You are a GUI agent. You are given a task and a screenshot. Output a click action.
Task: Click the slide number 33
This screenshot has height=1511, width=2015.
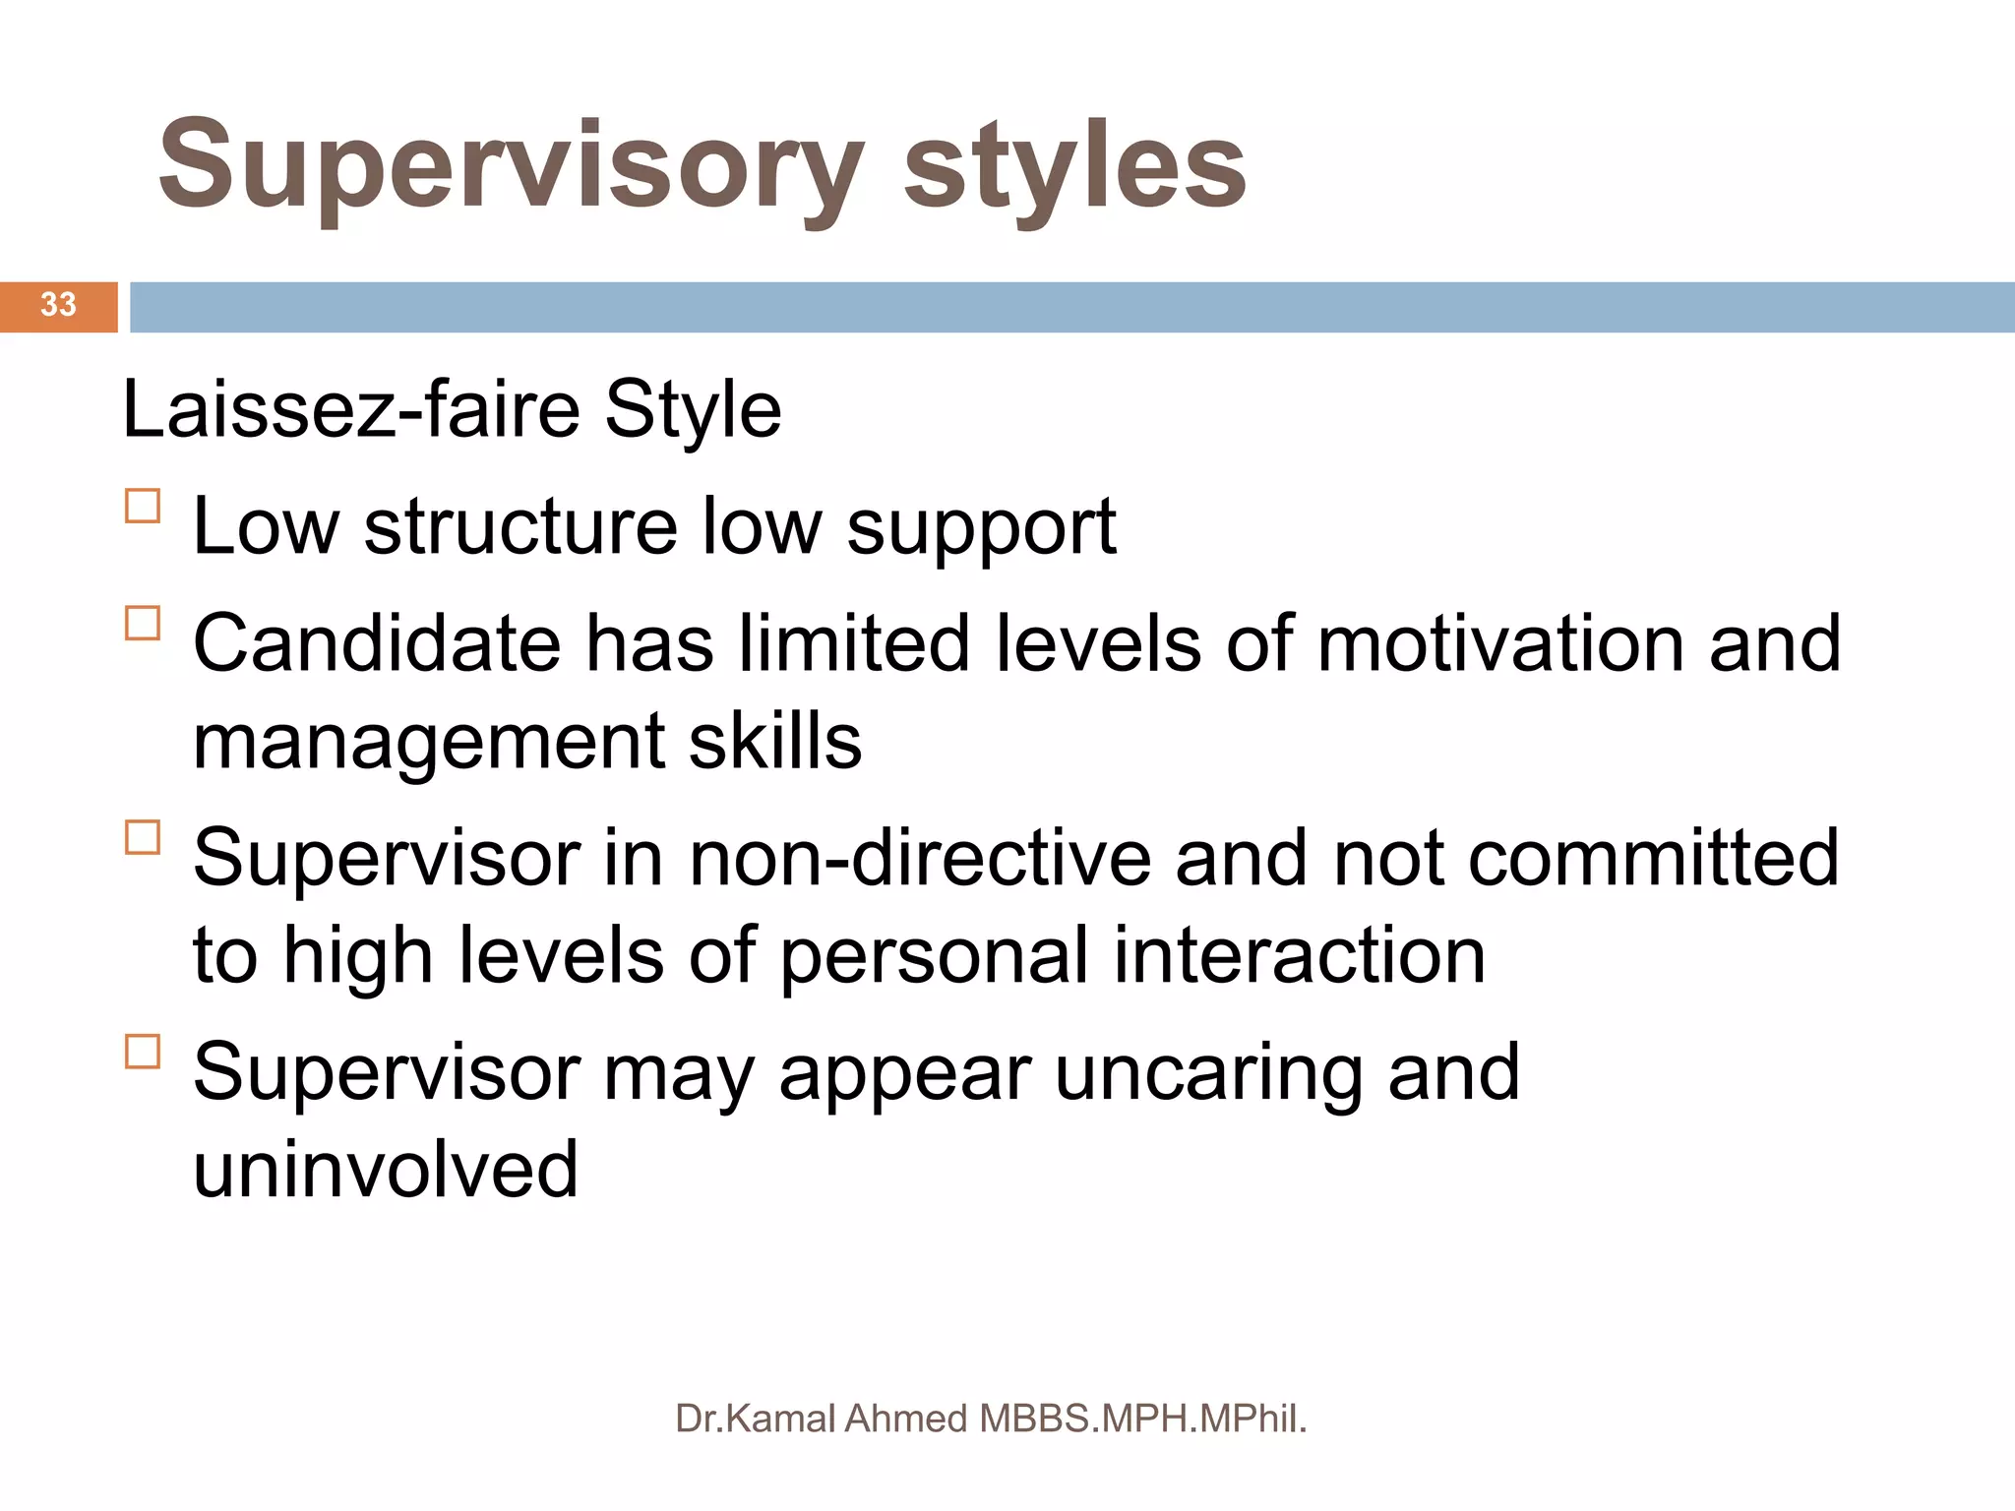58,305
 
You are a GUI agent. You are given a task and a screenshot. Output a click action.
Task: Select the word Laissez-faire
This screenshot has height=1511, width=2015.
350,410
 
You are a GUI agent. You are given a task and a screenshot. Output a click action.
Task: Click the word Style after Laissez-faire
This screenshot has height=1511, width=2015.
693,410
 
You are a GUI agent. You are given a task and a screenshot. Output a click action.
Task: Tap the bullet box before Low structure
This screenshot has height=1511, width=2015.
143,507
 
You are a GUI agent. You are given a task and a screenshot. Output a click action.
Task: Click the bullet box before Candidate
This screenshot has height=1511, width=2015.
143,624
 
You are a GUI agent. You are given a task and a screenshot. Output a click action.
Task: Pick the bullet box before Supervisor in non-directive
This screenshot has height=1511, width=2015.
143,837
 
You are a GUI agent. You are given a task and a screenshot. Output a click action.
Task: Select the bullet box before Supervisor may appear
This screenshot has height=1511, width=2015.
143,1052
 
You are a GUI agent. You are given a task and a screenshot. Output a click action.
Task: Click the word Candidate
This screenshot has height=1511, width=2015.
377,643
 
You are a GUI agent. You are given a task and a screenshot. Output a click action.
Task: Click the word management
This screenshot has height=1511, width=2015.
428,742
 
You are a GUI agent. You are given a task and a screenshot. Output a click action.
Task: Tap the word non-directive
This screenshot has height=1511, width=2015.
919,858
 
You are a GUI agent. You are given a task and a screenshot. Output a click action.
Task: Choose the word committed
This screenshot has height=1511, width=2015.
1653,858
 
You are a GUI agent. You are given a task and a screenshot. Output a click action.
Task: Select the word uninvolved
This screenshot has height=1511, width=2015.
386,1170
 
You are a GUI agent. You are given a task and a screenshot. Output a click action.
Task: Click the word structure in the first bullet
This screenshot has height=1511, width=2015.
520,527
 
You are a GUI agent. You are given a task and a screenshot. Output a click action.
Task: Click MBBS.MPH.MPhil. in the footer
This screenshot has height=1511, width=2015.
1142,1419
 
